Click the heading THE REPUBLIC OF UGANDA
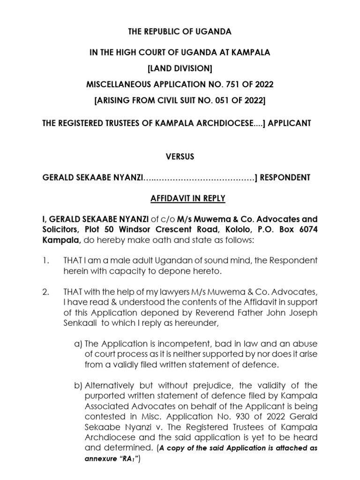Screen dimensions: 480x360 (x=180, y=32)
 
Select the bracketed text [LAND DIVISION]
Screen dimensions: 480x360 (x=180, y=69)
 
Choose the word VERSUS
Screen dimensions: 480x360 (x=180, y=157)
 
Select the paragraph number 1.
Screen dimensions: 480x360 (x=45, y=260)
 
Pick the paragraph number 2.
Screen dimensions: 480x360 (x=45, y=292)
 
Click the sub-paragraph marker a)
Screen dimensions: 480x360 (x=78, y=345)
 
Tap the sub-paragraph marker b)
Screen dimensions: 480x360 (x=78, y=385)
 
